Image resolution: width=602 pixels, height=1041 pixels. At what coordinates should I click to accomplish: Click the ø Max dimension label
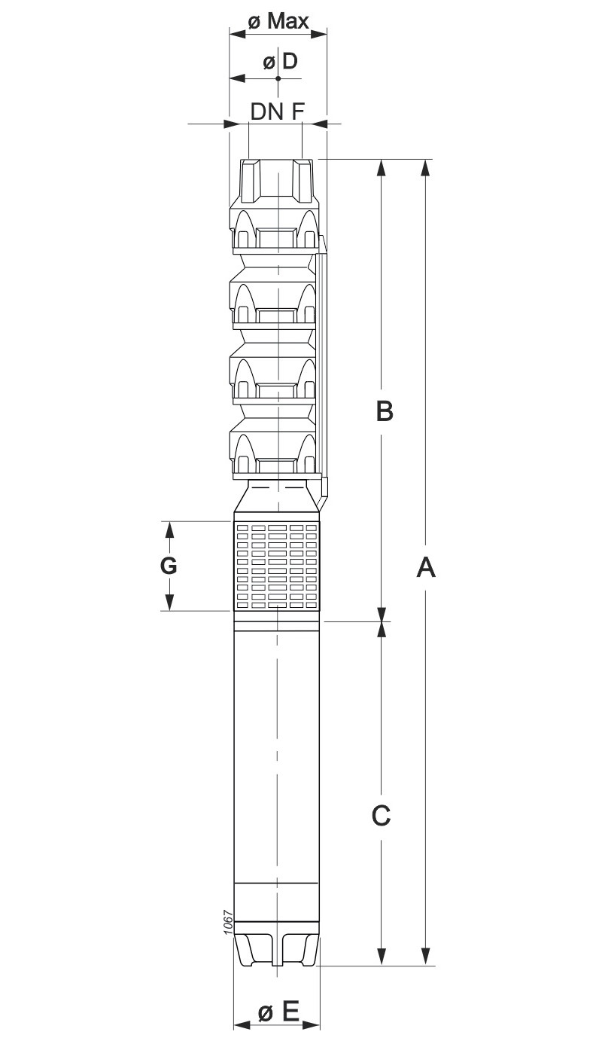(x=278, y=21)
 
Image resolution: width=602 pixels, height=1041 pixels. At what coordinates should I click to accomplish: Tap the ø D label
(x=280, y=61)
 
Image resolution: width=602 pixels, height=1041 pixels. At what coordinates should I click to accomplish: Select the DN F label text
(x=277, y=111)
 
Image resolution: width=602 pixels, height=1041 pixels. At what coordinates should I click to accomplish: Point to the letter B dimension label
(x=385, y=411)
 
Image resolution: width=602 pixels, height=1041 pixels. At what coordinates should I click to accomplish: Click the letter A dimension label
(x=426, y=567)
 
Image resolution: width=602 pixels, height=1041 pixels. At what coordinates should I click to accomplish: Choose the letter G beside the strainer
(x=169, y=566)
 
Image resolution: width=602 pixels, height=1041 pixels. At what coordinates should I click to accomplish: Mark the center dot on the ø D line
(x=278, y=78)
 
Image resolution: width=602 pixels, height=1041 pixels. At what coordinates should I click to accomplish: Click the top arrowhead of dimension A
(x=424, y=168)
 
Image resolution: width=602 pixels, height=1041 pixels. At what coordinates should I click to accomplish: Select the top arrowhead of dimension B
(x=382, y=168)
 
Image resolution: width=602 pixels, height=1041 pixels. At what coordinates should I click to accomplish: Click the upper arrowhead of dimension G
(x=170, y=530)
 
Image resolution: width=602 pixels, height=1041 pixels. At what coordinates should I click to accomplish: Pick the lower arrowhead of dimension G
(x=170, y=602)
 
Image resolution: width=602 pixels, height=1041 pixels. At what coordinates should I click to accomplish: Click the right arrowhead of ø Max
(x=318, y=33)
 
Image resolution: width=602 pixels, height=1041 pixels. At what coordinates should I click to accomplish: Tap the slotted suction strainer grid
(x=277, y=566)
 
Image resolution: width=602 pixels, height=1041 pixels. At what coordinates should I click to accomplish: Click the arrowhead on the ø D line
(x=238, y=78)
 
